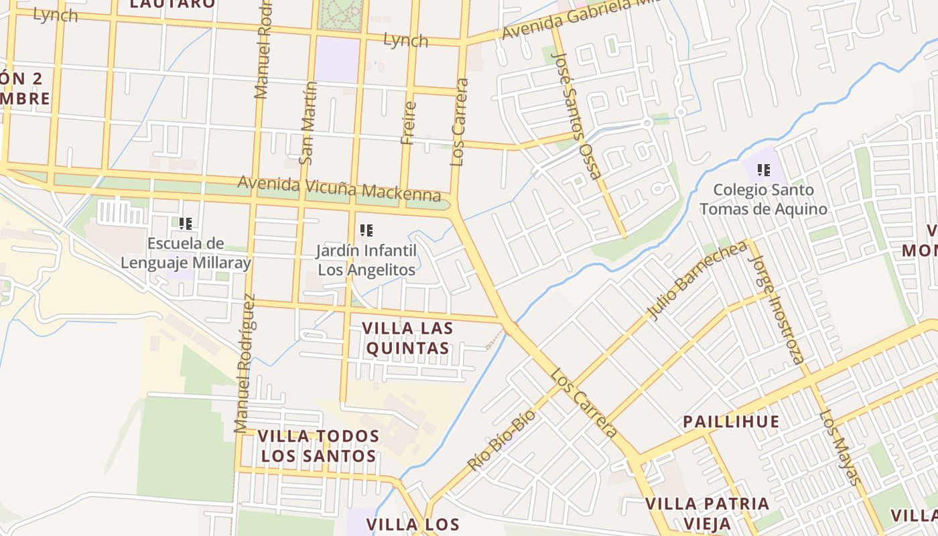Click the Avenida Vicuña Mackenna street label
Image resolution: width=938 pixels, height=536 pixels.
(x=340, y=188)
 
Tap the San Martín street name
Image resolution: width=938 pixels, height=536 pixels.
(x=308, y=123)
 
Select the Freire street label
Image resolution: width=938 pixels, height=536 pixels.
(x=408, y=123)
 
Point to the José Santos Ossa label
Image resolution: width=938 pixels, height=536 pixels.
(x=576, y=116)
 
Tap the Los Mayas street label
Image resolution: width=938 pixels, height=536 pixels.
(x=839, y=446)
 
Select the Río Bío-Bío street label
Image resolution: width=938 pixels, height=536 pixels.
(x=502, y=440)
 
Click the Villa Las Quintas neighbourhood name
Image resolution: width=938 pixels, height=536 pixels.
(x=407, y=338)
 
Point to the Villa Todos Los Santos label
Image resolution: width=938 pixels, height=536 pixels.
(x=318, y=446)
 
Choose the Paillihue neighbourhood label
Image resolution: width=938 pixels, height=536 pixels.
(x=731, y=422)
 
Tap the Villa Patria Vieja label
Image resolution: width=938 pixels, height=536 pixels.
(x=707, y=513)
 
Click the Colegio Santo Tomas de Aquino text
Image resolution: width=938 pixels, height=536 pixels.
(x=764, y=199)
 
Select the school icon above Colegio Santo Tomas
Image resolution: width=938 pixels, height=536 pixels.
(x=763, y=170)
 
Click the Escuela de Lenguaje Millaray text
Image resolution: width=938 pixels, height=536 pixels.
(x=186, y=253)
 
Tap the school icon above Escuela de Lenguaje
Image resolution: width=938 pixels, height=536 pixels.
(x=186, y=223)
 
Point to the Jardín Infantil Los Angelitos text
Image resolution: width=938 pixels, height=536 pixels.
(x=366, y=260)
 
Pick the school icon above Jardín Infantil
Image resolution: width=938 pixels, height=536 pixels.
(x=366, y=230)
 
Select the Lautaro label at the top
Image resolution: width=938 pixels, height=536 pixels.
(x=173, y=4)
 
